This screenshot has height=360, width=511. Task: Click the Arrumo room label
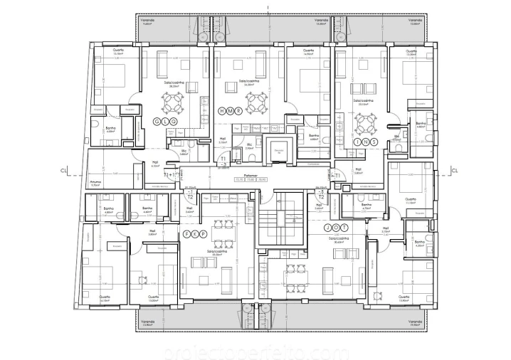[95, 182]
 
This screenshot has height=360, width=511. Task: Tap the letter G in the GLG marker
[157, 120]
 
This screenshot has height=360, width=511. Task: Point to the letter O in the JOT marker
[334, 228]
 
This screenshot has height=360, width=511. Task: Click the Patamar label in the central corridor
[249, 174]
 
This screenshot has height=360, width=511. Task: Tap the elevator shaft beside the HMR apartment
[279, 151]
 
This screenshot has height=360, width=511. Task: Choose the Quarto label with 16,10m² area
[105, 299]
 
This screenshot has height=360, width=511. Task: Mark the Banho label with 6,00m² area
[110, 130]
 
